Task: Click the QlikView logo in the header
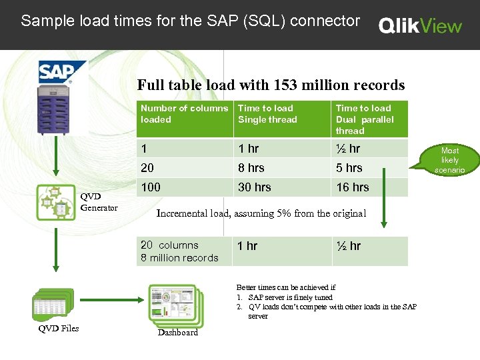420,25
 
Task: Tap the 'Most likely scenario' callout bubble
450,160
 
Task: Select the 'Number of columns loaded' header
184,114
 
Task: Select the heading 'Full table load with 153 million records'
271,85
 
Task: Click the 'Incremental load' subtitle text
261,213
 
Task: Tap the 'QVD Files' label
59,328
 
